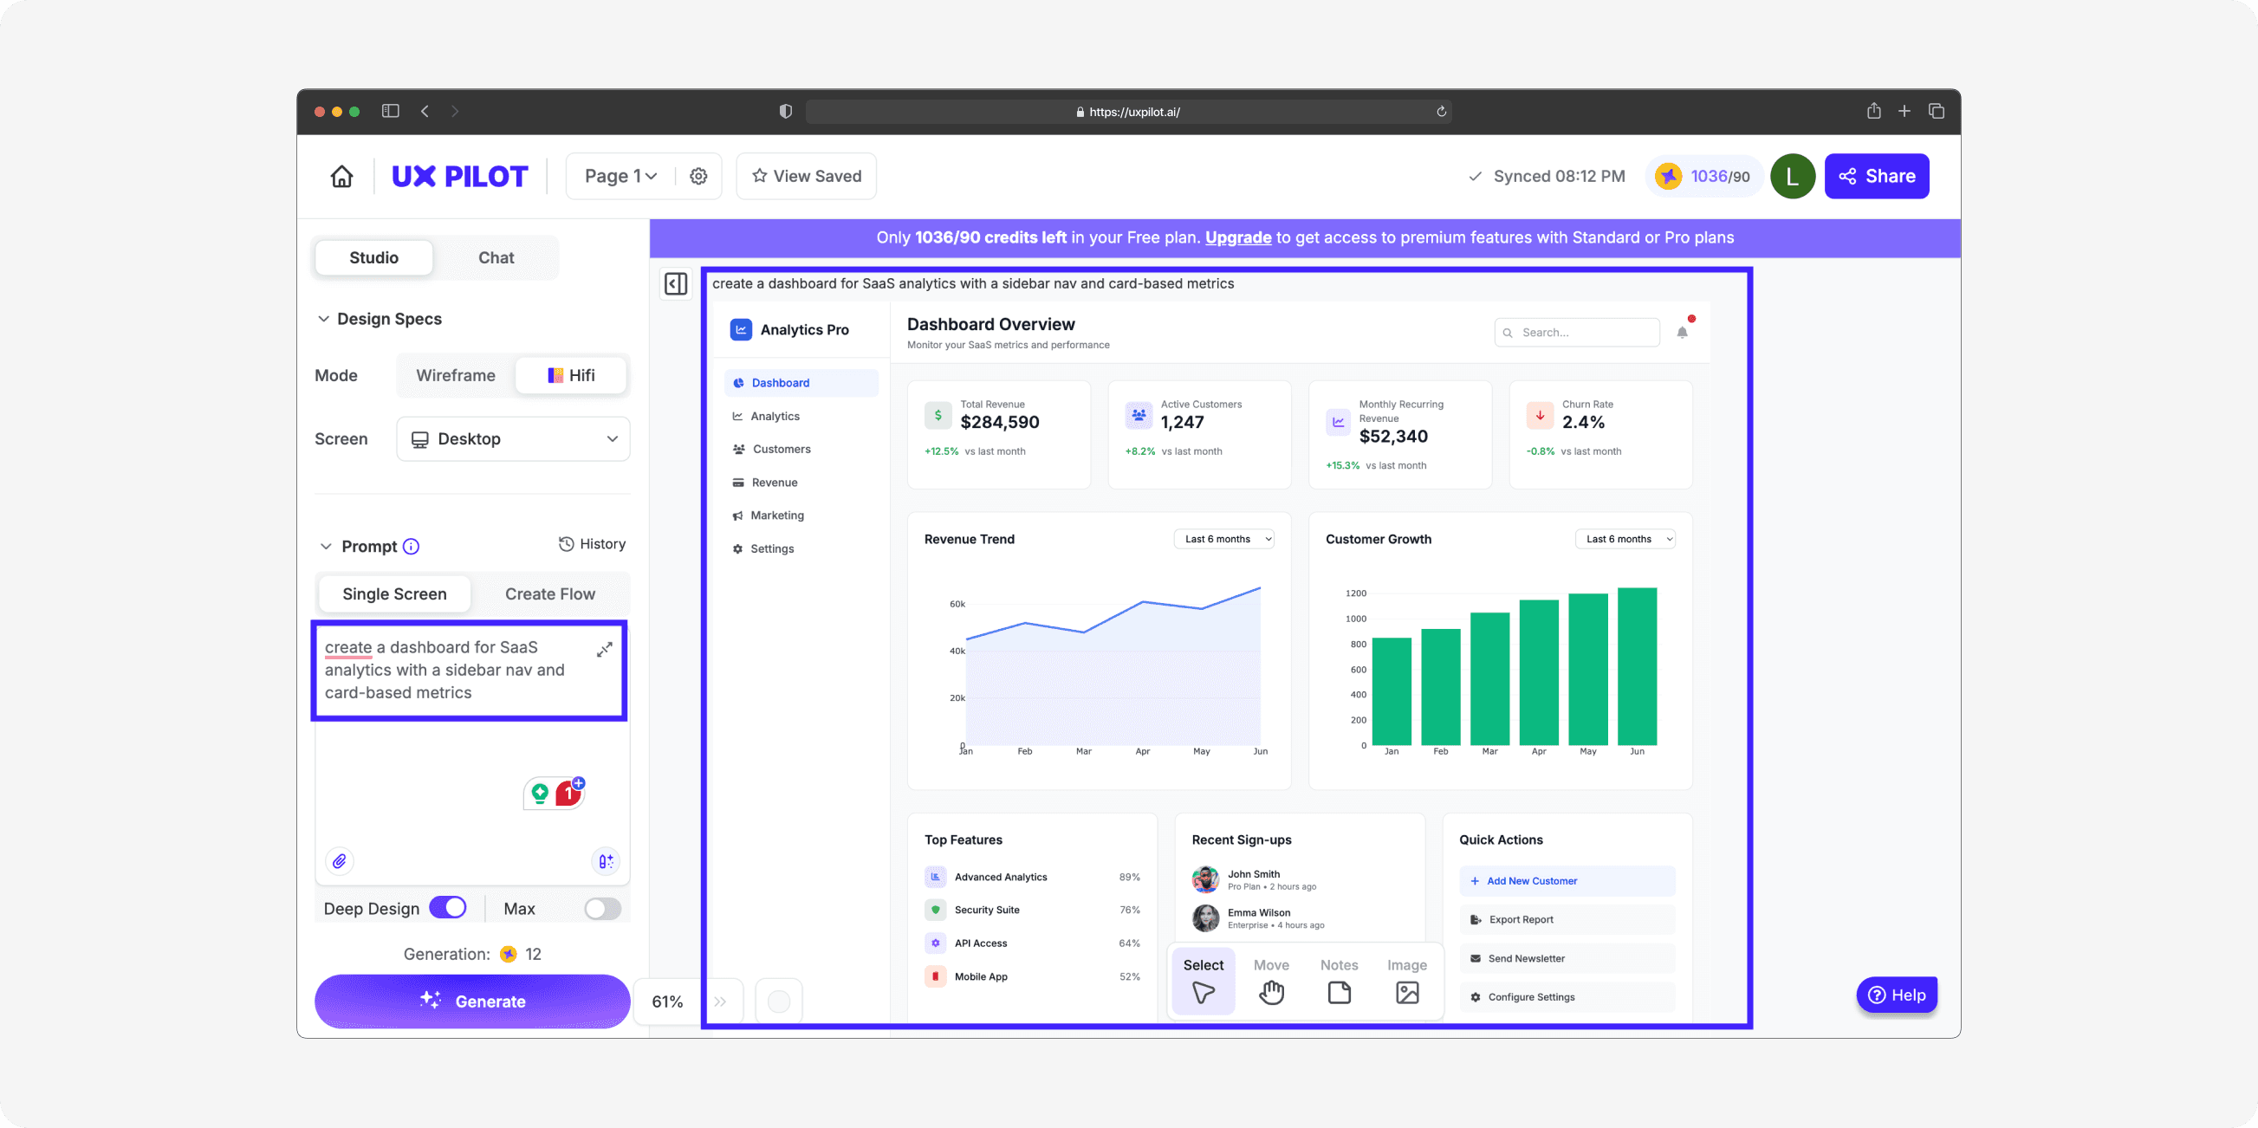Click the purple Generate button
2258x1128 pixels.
coord(471,1001)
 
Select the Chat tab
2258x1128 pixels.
coord(496,257)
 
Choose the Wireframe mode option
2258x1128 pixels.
coord(456,375)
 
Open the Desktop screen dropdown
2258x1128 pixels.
coord(514,439)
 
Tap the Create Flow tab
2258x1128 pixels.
coord(549,594)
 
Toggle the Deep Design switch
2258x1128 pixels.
coord(448,908)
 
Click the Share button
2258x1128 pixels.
coord(1877,176)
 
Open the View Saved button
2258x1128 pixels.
coord(807,176)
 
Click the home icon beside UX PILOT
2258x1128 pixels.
coord(342,176)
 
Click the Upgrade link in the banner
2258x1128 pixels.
coord(1237,237)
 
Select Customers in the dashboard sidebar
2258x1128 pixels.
coord(781,449)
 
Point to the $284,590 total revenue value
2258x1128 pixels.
coord(999,423)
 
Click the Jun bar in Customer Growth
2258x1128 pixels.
coord(1637,666)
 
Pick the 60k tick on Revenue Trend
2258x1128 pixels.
coord(957,604)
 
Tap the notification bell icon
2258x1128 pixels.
coord(1681,332)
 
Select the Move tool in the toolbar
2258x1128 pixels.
coord(1271,981)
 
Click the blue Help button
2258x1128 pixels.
coord(1897,995)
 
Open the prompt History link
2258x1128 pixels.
coord(593,544)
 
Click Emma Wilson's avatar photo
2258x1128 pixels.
coord(1205,917)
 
